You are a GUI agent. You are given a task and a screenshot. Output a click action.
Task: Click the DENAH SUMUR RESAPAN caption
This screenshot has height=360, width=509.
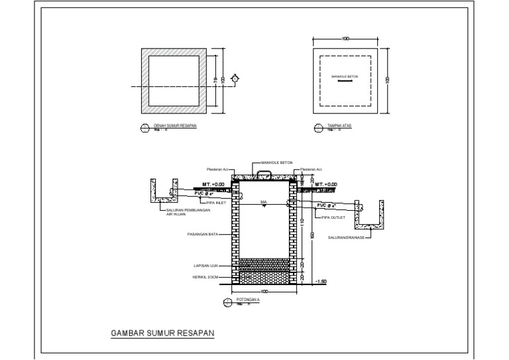pyautogui.click(x=176, y=125)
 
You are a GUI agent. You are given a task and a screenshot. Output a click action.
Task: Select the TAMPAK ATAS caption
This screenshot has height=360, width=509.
pyautogui.click(x=340, y=125)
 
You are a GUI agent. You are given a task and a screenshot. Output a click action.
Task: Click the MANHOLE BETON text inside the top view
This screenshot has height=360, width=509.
pyautogui.click(x=345, y=76)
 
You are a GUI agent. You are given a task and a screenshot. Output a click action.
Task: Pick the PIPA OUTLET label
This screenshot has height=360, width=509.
pyautogui.click(x=332, y=217)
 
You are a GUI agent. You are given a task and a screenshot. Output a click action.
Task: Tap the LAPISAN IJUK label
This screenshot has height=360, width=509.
pyautogui.click(x=205, y=266)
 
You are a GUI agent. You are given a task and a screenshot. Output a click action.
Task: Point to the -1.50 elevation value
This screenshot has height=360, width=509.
pyautogui.click(x=321, y=282)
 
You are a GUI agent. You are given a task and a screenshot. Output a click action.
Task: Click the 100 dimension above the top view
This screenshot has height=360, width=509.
pyautogui.click(x=345, y=39)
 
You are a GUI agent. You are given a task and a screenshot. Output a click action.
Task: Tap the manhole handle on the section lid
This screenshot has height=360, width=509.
pyautogui.click(x=263, y=173)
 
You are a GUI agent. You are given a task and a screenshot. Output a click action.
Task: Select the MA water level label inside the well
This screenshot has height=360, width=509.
pyautogui.click(x=263, y=201)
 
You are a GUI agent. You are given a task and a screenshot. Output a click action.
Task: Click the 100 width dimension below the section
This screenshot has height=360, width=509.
pyautogui.click(x=263, y=292)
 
